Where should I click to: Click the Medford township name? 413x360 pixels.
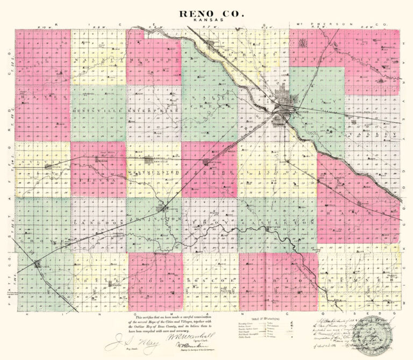tap(154, 60)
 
